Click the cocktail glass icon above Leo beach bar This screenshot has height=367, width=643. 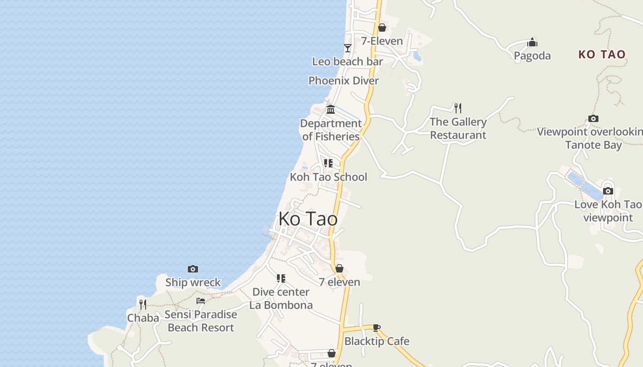pyautogui.click(x=348, y=48)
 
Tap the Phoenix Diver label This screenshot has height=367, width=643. pyautogui.click(x=344, y=81)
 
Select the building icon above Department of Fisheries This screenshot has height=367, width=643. pyautogui.click(x=331, y=109)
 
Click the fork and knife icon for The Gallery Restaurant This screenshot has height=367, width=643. pyautogui.click(x=457, y=108)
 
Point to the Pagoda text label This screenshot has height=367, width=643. pyautogui.click(x=532, y=56)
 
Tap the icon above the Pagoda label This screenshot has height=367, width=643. pyautogui.click(x=532, y=42)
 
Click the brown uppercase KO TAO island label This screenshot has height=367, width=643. pyautogui.click(x=602, y=55)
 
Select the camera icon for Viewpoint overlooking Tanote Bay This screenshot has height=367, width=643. pyautogui.click(x=593, y=119)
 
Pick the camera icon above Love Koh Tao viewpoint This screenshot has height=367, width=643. pyautogui.click(x=608, y=191)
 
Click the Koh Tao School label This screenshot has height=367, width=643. pyautogui.click(x=328, y=177)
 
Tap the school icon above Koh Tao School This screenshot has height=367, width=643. pyautogui.click(x=328, y=163)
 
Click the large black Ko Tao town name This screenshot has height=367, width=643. pyautogui.click(x=308, y=219)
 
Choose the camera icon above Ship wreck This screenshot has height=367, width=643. pyautogui.click(x=193, y=269)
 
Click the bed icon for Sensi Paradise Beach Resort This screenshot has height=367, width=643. pyautogui.click(x=201, y=301)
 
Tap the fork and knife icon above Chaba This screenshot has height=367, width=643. pyautogui.click(x=143, y=304)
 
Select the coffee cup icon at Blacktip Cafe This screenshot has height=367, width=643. pyautogui.click(x=377, y=328)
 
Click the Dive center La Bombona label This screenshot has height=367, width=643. pyautogui.click(x=281, y=298)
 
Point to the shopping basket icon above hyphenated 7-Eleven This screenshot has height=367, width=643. pyautogui.click(x=382, y=28)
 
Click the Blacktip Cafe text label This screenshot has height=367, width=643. pyautogui.click(x=377, y=341)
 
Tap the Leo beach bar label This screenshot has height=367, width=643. pyautogui.click(x=347, y=61)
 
